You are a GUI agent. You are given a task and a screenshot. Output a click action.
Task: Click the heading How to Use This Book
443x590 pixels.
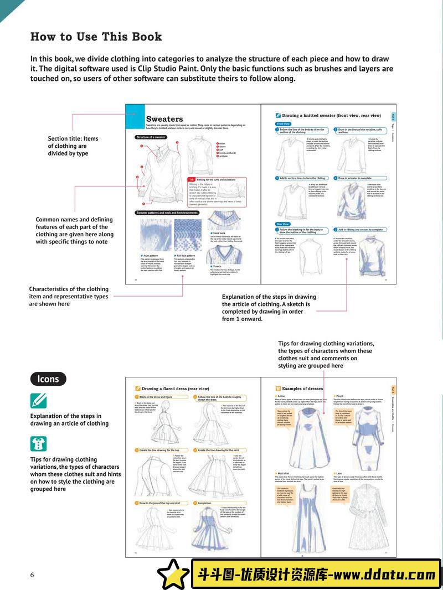(x=96, y=37)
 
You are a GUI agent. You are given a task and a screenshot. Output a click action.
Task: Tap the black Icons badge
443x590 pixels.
(x=48, y=379)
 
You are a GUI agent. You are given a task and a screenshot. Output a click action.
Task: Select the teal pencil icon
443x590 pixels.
(x=38, y=400)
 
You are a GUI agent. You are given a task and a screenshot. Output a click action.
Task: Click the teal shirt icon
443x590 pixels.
(x=38, y=443)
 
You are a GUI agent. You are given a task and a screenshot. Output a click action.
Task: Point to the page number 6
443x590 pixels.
(x=32, y=575)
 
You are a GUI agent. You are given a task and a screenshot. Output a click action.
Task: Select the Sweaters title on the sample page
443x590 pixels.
(x=164, y=118)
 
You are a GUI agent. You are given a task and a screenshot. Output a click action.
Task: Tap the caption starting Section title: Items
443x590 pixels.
(x=73, y=146)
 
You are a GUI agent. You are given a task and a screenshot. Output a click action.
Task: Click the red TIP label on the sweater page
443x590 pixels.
(x=191, y=180)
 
